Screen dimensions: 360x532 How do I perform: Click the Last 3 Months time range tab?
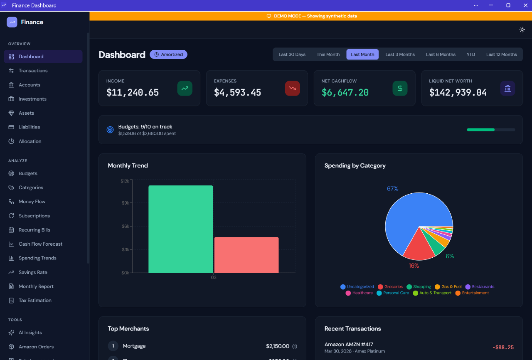tap(400, 54)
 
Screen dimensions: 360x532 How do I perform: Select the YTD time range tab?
tap(470, 54)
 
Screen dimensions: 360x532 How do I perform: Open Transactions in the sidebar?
tap(33, 71)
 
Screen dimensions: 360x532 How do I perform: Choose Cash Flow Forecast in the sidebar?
tap(40, 244)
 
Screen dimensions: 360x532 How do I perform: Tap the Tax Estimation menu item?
tap(35, 301)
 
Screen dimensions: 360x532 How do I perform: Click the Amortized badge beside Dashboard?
tap(168, 54)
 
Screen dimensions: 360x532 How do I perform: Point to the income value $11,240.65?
tap(133, 93)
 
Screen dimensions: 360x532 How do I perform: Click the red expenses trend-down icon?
tap(292, 88)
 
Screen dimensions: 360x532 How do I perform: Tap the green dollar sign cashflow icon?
tap(400, 88)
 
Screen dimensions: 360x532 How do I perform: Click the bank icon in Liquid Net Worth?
tap(507, 88)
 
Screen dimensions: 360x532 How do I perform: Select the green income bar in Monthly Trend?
tap(180, 229)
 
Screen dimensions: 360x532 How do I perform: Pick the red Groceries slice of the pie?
tap(418, 247)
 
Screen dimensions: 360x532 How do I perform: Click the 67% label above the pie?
tap(392, 189)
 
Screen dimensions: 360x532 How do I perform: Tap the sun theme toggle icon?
tap(522, 30)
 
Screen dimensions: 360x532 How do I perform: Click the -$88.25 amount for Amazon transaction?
tap(503, 348)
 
